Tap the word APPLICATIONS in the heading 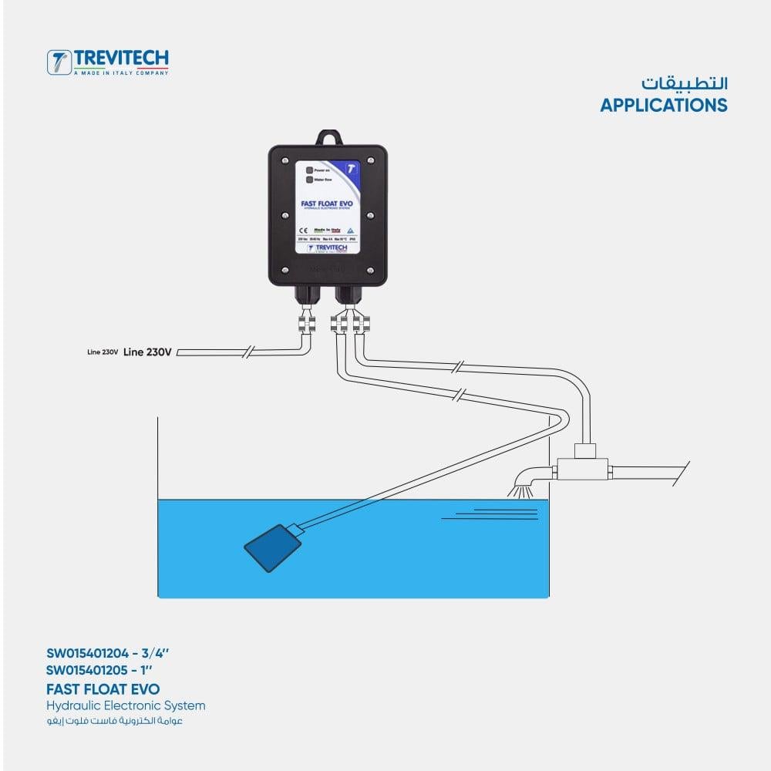663,105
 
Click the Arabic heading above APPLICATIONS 684,82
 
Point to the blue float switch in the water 274,547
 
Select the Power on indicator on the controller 308,169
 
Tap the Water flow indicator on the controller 308,180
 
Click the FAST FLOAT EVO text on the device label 327,204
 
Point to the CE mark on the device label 303,230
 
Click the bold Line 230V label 148,352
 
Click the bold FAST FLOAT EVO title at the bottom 103,688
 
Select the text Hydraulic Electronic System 126,705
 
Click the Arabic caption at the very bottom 114,722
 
